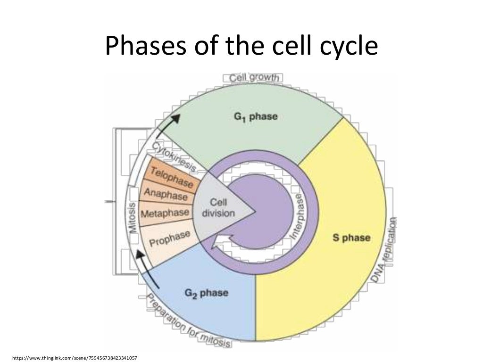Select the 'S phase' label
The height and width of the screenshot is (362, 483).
point(351,237)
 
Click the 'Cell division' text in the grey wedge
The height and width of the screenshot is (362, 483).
point(218,208)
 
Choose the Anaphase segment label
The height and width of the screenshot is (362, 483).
point(166,194)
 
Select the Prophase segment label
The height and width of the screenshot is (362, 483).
point(170,238)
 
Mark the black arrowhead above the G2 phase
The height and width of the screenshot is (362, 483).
point(140,254)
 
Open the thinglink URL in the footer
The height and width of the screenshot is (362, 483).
point(75,357)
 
